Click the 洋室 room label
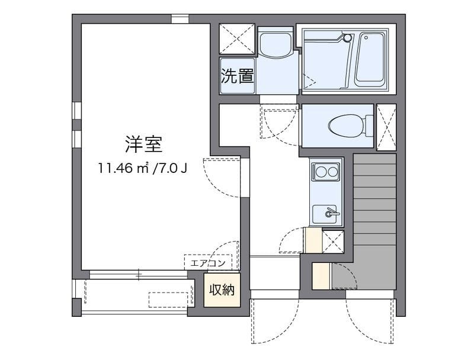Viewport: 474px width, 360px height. coord(144,144)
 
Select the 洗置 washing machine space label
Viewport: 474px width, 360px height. coord(238,76)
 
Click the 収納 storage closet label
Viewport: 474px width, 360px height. coord(222,290)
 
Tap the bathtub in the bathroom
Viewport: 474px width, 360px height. coord(371,59)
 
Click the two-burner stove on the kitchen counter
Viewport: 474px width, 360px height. coord(325,172)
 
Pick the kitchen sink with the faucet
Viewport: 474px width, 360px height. coord(326,213)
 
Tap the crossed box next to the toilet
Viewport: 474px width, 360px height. coord(386,125)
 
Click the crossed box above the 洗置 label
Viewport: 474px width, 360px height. coord(236,39)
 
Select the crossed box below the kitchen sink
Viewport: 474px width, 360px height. coord(332,241)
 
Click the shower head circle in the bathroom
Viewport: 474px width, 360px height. coord(347,37)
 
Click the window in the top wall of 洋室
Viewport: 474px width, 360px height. coord(180,19)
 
